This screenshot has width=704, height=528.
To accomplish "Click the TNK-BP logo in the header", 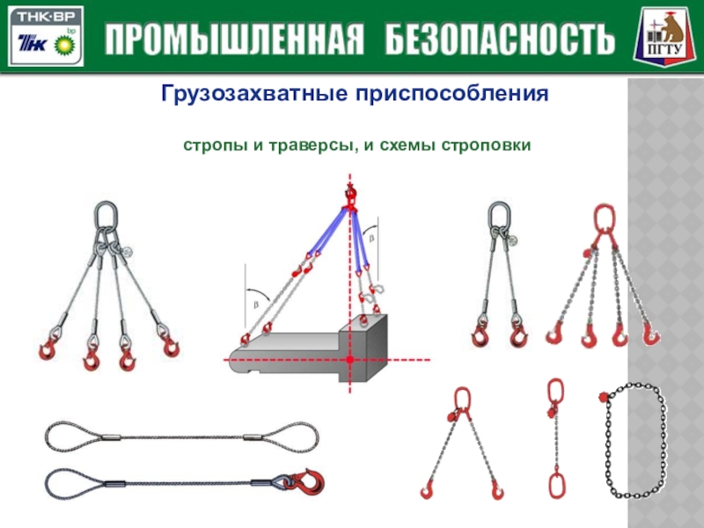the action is coord(46,36).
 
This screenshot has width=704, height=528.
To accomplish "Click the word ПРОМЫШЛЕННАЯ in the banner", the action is coord(234,40).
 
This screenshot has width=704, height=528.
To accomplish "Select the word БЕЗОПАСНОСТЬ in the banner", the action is coord(500,40).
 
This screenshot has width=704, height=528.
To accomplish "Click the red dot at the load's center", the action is coord(350,360).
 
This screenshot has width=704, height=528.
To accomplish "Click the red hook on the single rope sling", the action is coord(310,481).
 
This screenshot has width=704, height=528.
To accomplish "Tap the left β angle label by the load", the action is coord(256,304).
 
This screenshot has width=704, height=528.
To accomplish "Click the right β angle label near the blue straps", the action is coord(371,238).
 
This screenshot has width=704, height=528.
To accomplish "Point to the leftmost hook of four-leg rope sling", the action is coord(48,348).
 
